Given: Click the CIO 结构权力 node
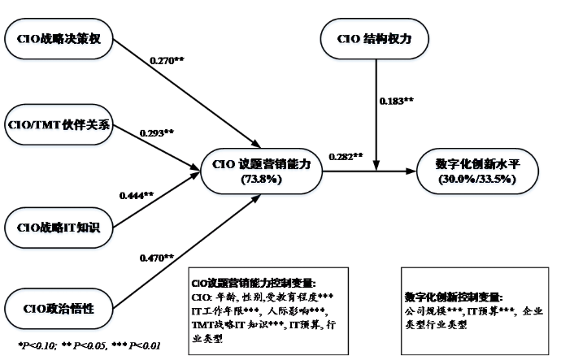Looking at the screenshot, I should (x=376, y=39).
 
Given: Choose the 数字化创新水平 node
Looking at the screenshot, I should (x=478, y=171).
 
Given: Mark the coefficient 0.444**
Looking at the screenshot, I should (x=139, y=195).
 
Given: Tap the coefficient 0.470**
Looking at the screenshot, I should (x=154, y=258).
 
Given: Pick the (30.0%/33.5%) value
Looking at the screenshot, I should (x=478, y=180).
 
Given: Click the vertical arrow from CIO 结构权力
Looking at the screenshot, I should (x=376, y=122).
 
